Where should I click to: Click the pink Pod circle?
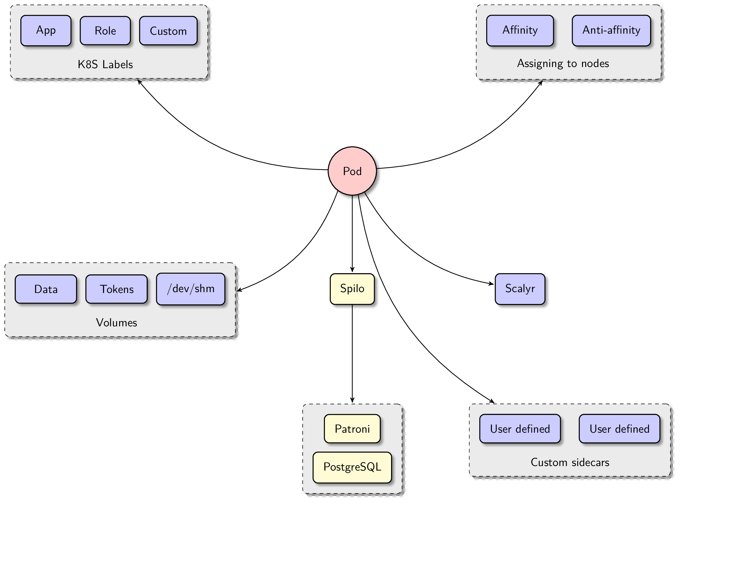pos(352,171)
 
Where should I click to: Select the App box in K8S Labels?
pos(46,30)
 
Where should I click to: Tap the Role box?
pos(105,31)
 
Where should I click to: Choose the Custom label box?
pos(168,31)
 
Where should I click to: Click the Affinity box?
pos(520,30)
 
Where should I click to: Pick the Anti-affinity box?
pos(611,30)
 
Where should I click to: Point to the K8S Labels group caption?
pos(105,64)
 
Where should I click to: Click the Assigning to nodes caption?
pos(563,63)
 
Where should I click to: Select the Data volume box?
pos(46,289)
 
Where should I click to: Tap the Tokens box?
pos(117,289)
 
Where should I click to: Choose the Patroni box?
pos(352,429)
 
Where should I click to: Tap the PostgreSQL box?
pos(352,467)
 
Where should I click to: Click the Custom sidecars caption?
pos(570,462)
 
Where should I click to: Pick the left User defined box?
pos(520,429)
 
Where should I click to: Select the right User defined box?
pos(619,429)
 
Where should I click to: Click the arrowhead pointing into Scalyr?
pos(491,284)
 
